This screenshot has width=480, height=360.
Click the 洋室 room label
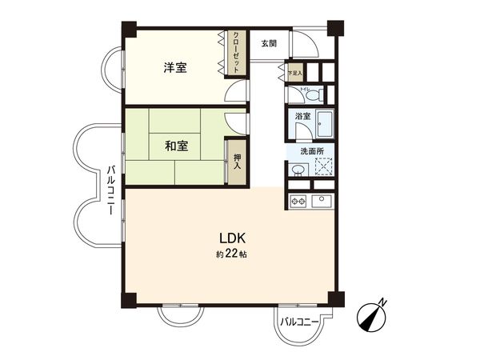click(x=176, y=68)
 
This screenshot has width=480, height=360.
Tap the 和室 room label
click(x=177, y=146)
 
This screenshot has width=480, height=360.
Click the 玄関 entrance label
click(x=269, y=43)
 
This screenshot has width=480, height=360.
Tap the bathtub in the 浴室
click(x=323, y=126)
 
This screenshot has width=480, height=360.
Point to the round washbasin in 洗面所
click(x=298, y=170)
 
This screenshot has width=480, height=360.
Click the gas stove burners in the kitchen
click(x=297, y=200)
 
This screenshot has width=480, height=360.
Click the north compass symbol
click(x=373, y=314)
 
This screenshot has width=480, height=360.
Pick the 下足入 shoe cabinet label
click(x=295, y=73)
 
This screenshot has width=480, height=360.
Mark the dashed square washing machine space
click(x=323, y=167)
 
